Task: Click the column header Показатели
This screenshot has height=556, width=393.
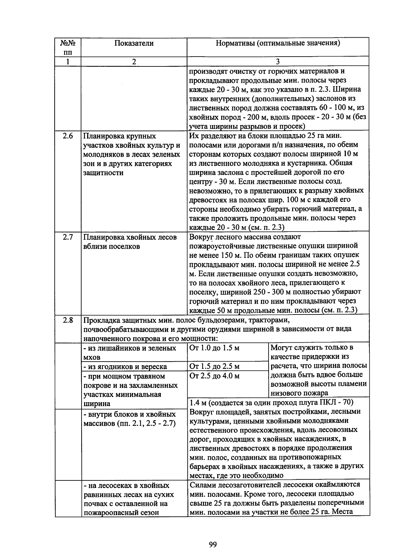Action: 134,43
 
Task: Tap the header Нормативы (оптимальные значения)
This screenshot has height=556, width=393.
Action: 277,43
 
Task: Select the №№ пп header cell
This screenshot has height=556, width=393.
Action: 68,47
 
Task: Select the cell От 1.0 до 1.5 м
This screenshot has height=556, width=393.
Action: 215,348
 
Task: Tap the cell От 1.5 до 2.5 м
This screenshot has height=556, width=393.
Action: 215,367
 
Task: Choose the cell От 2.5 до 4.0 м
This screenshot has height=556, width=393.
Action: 215,376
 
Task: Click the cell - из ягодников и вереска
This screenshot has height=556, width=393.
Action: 125,367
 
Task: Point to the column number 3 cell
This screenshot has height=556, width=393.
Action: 277,62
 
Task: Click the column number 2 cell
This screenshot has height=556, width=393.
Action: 134,62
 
